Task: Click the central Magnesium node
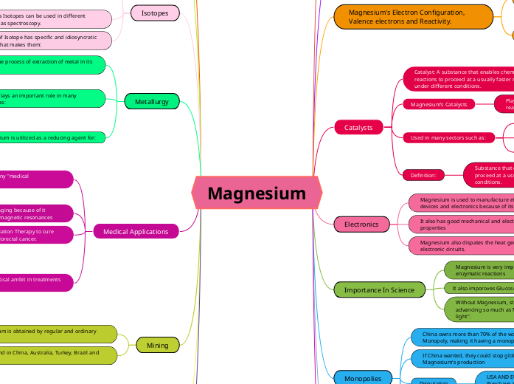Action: pyautogui.click(x=257, y=193)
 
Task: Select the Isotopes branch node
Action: pyautogui.click(x=155, y=13)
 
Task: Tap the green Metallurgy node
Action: pyautogui.click(x=152, y=101)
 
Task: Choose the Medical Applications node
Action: pyautogui.click(x=136, y=232)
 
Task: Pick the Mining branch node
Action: pyautogui.click(x=157, y=345)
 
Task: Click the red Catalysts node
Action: pyautogui.click(x=358, y=128)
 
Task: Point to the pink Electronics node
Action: pyautogui.click(x=361, y=224)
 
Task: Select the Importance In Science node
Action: pyautogui.click(x=380, y=289)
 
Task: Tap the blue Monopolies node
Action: pyautogui.click(x=363, y=378)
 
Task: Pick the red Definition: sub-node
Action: pyautogui.click(x=423, y=175)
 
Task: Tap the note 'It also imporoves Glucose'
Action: pyautogui.click(x=479, y=289)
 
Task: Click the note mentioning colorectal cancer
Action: pyautogui.click(x=37, y=235)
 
